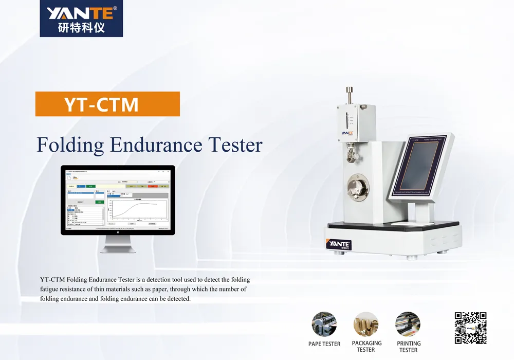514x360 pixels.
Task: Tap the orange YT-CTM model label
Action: [107, 104]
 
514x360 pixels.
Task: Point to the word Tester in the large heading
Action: [235, 145]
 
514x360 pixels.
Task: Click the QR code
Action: [470, 328]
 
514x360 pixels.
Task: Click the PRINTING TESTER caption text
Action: [409, 347]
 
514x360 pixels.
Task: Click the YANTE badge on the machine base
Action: [339, 244]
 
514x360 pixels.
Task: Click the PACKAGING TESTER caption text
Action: [366, 346]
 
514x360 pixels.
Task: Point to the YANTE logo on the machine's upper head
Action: [347, 133]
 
